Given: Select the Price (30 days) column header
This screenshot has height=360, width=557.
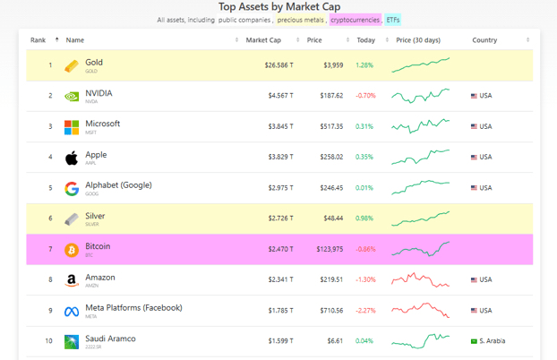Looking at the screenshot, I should point(418,40).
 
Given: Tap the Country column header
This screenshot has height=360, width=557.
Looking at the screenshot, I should point(484,40).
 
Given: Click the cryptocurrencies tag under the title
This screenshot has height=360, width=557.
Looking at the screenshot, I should point(355,20).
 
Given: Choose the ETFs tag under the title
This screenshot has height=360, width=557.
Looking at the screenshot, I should point(393,20).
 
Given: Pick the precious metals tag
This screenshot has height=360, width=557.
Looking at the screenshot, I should point(300,20).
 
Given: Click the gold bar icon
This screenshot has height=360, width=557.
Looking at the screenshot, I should point(72,66).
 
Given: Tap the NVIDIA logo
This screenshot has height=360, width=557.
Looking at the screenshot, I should point(72,97).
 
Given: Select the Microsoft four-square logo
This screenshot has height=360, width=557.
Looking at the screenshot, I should point(72,127).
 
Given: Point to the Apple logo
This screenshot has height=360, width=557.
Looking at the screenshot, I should point(72,159).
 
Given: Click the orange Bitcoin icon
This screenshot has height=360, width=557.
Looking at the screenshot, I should point(72,250).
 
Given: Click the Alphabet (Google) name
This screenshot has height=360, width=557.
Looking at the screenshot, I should point(118,185).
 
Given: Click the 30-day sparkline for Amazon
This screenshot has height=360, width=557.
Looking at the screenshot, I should point(420,279).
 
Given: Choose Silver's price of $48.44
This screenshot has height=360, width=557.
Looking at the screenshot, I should point(332,219).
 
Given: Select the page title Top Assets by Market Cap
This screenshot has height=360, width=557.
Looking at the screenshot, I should point(278,6).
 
